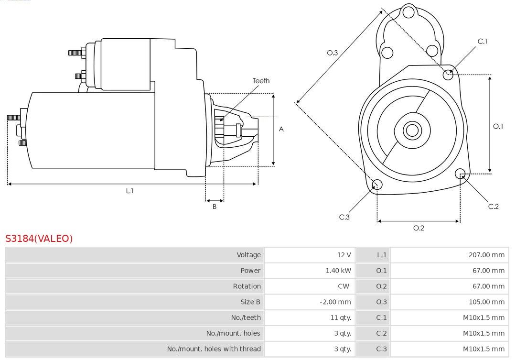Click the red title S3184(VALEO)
pos(39,238)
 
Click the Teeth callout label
pos(261,81)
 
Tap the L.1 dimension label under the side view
pos(129,191)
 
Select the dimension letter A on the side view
pos(281,129)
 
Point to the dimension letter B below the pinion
pos(214,207)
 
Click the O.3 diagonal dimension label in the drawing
pos(333,53)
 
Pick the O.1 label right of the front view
pos(498,126)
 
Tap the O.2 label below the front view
pos(419,228)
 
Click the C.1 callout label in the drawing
pos(483,41)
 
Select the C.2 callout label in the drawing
pos(493,207)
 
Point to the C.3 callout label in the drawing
pos(344,217)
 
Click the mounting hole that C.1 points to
pos(448,75)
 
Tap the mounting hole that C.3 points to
pos(377,185)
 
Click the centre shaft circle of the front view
pos(412,130)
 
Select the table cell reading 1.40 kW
pos(310,271)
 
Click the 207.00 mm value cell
pos(450,255)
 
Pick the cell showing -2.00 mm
pos(310,302)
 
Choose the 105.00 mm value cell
pos(450,302)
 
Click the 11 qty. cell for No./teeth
pos(310,317)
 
